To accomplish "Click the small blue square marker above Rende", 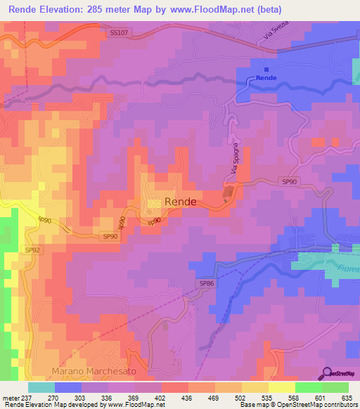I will point(266,70).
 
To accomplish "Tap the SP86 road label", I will point(205,283).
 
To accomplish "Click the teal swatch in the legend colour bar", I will point(41,387).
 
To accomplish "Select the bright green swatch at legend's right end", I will point(335,387).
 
